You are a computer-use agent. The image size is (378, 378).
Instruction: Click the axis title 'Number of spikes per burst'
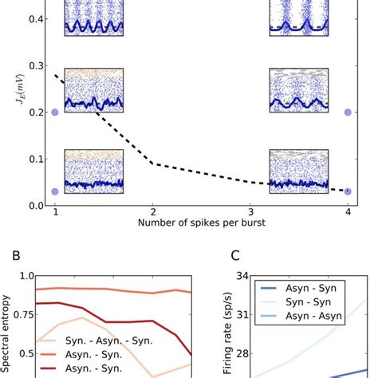pyautogui.click(x=201, y=224)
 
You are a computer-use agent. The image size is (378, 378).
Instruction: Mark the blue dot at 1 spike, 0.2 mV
pyautogui.click(x=55, y=112)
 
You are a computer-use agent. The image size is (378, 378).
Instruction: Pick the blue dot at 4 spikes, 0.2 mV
pyautogui.click(x=348, y=112)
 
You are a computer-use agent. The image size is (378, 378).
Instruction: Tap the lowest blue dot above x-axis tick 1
pyautogui.click(x=55, y=191)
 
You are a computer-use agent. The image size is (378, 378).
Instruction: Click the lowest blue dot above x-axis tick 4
pyautogui.click(x=348, y=191)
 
